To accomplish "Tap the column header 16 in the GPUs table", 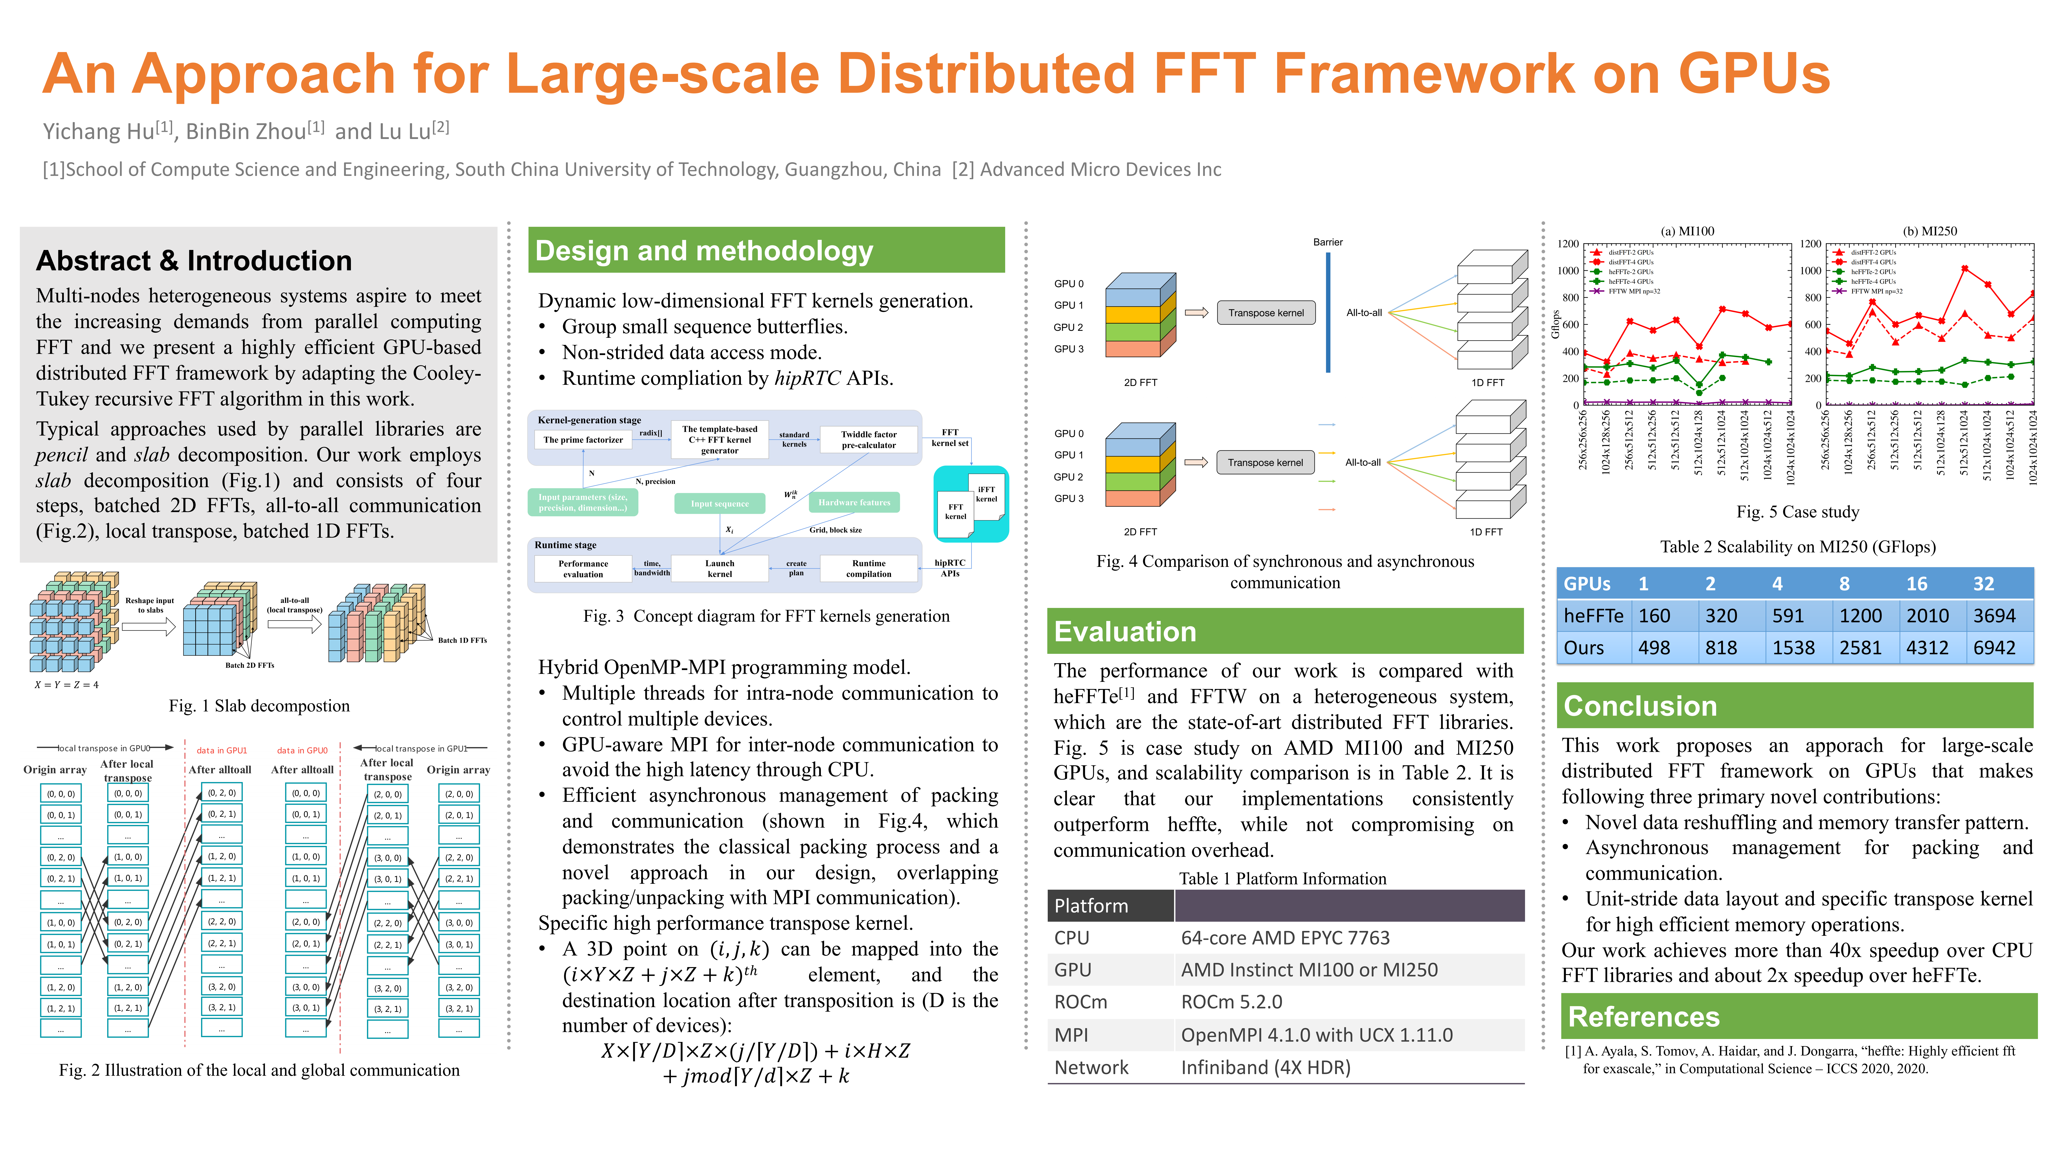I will point(1917,584).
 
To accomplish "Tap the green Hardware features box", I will point(854,502).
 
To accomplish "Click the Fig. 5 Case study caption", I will point(1797,511).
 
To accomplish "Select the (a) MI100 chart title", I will point(1687,231).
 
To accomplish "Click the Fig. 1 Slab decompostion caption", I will point(259,705).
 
